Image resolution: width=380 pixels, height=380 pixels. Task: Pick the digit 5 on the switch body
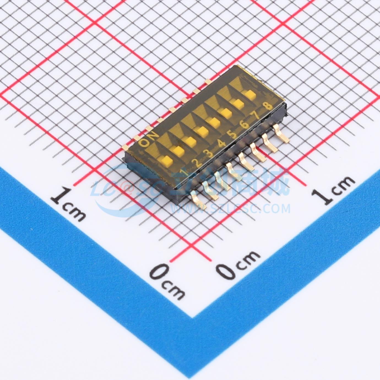tap(233, 134)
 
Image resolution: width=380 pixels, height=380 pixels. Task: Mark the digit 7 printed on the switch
tap(256, 116)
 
